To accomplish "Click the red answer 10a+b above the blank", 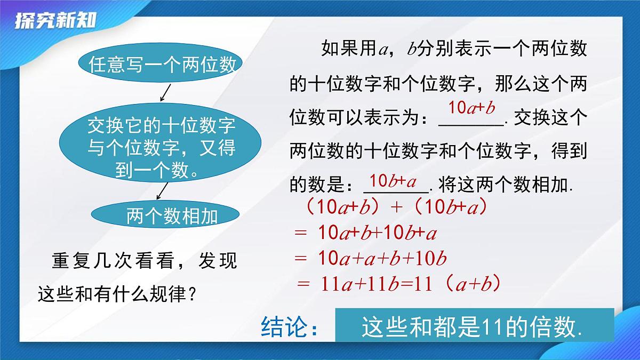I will click(472, 108).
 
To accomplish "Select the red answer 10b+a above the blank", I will click(393, 181).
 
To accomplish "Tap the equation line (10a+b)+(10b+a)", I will click(395, 207).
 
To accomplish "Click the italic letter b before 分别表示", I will click(412, 50).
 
